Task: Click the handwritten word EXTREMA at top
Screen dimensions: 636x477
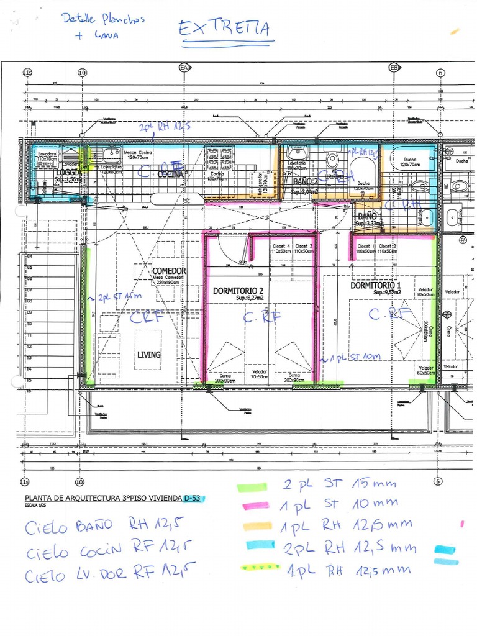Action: point(225,29)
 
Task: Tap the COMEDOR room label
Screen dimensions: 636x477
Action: point(169,271)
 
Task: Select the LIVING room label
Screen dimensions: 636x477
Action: point(149,355)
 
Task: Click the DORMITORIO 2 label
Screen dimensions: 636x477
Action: point(238,291)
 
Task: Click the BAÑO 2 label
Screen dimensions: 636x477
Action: point(306,182)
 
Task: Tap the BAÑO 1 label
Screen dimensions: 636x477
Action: point(371,216)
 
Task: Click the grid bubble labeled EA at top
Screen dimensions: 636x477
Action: point(184,67)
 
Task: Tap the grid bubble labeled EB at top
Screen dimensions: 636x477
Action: point(393,67)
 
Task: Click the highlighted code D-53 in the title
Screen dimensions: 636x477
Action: point(194,498)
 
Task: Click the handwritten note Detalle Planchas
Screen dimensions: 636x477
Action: point(102,19)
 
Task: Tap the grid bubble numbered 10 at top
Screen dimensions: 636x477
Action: point(83,73)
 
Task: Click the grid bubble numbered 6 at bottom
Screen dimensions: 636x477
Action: point(438,481)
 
